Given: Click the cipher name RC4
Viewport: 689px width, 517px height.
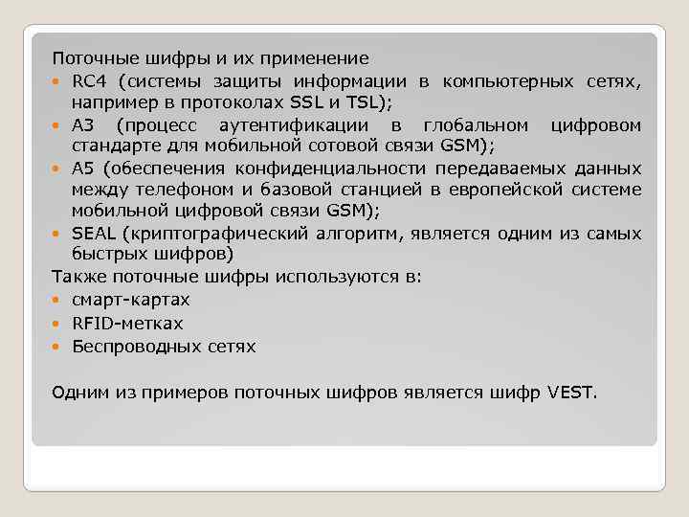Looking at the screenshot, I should [88, 80].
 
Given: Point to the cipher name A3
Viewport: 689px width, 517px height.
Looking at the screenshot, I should [83, 125].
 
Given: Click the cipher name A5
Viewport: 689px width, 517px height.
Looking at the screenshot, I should [83, 169].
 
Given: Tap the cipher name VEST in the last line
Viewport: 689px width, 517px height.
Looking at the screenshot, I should [572, 393].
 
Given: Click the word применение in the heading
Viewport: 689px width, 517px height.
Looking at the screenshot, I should [320, 59].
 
